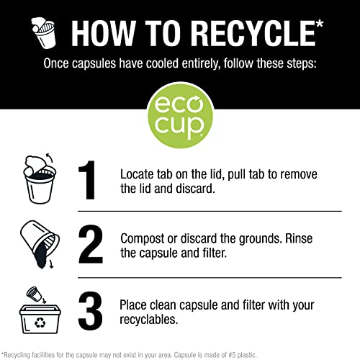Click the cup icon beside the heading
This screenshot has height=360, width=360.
pyautogui.click(x=44, y=32)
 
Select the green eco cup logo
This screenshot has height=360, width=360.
pyautogui.click(x=180, y=117)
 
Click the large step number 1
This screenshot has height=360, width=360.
pyautogui.click(x=87, y=180)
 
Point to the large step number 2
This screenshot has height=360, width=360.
pyautogui.click(x=91, y=244)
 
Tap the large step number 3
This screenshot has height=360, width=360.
pyautogui.click(x=91, y=310)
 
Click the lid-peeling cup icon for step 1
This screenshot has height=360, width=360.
pyautogui.click(x=40, y=178)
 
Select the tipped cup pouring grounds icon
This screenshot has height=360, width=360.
pyautogui.click(x=40, y=244)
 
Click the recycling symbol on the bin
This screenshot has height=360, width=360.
pyautogui.click(x=40, y=323)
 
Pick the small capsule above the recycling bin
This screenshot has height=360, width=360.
pyautogui.click(x=34, y=293)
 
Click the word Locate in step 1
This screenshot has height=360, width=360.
pyautogui.click(x=137, y=174)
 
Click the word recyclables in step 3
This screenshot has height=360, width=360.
pyautogui.click(x=148, y=320)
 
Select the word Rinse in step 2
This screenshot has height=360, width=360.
pyautogui.click(x=299, y=238)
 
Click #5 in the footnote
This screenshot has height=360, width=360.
pyautogui.click(x=233, y=355)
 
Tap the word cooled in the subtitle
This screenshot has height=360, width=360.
pyautogui.click(x=162, y=63)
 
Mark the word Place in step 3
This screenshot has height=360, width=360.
pyautogui.click(x=133, y=305)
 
